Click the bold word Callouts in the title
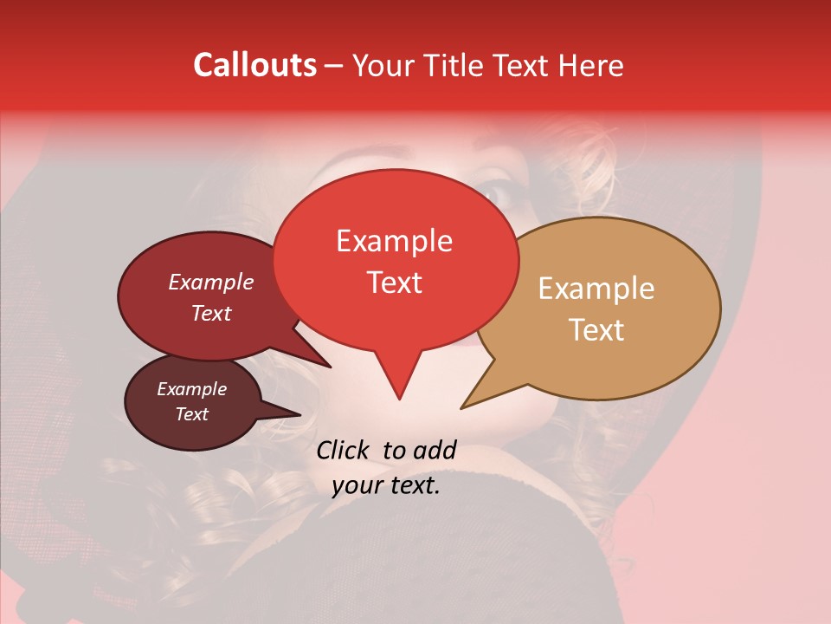click(x=254, y=65)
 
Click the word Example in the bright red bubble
click(x=394, y=241)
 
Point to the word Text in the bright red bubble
click(x=395, y=283)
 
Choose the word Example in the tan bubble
click(x=596, y=289)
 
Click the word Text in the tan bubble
click(x=597, y=330)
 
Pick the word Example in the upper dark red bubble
click(x=211, y=282)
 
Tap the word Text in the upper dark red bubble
click(x=211, y=313)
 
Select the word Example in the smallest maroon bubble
click(x=192, y=389)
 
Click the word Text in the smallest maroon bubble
click(x=192, y=414)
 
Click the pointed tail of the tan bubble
click(x=464, y=406)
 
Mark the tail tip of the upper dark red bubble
click(x=329, y=366)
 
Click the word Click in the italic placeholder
click(x=345, y=450)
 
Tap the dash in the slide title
click(x=335, y=66)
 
